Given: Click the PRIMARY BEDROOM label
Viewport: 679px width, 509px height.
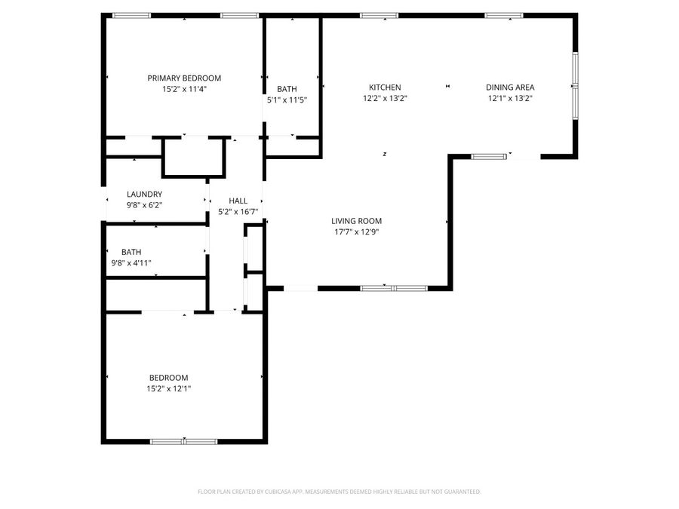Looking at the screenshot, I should [184, 78].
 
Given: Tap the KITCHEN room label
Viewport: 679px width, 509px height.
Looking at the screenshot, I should [384, 87].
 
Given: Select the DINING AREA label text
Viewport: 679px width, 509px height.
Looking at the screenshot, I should [510, 87].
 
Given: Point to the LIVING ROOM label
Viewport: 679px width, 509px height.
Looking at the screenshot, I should [356, 221].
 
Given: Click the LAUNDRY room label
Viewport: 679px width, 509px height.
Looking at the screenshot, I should [144, 194].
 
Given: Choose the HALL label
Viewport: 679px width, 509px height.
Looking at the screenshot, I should [238, 201].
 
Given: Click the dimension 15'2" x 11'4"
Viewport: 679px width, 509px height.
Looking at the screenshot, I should [184, 89].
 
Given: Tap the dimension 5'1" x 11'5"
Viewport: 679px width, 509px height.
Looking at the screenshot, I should [287, 100].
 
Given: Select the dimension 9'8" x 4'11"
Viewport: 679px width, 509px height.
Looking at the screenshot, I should [131, 263].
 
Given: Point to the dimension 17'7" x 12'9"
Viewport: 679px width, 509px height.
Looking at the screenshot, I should [356, 232].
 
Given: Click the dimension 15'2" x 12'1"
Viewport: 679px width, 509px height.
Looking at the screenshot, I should [168, 388].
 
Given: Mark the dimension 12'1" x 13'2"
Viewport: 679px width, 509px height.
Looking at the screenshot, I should [510, 98].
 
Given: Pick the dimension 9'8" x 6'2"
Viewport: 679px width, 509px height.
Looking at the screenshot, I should [144, 204].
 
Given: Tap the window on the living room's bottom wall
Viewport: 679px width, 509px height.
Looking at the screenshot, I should [394, 288].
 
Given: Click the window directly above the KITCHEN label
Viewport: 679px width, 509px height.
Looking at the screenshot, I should [379, 15].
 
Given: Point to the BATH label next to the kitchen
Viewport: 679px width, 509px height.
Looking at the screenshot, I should [287, 89].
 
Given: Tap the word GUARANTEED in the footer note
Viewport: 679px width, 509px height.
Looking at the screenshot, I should [460, 492].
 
